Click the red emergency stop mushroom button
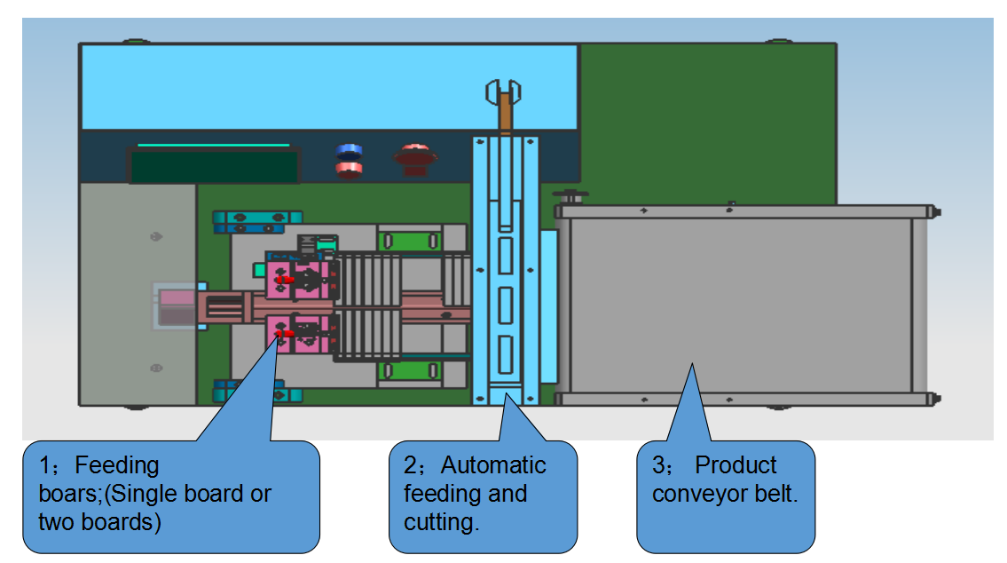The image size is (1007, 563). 415,158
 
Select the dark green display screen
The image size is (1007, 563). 215,166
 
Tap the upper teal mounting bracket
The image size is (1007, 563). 257,218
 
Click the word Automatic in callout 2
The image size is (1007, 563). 493,465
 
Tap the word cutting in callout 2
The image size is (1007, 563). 441,522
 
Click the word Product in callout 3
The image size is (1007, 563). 736,465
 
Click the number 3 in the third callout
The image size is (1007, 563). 657,465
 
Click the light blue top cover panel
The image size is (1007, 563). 328,86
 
